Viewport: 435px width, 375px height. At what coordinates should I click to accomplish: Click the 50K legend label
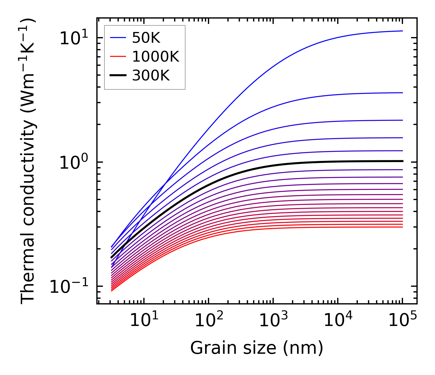coord(146,38)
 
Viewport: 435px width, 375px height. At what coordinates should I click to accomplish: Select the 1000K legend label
coord(156,57)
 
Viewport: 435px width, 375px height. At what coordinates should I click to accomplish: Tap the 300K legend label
coord(151,76)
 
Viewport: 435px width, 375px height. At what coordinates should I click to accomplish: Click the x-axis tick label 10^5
coord(402,321)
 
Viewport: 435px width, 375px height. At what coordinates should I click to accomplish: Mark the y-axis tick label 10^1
coord(74,39)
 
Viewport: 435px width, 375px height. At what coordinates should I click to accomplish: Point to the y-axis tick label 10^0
coord(74,163)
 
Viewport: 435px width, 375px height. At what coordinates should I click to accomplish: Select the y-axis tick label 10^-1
coord(69,287)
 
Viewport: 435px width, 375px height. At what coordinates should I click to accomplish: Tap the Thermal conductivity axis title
coord(28,161)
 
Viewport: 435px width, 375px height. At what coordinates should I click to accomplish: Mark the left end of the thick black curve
coord(111,257)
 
